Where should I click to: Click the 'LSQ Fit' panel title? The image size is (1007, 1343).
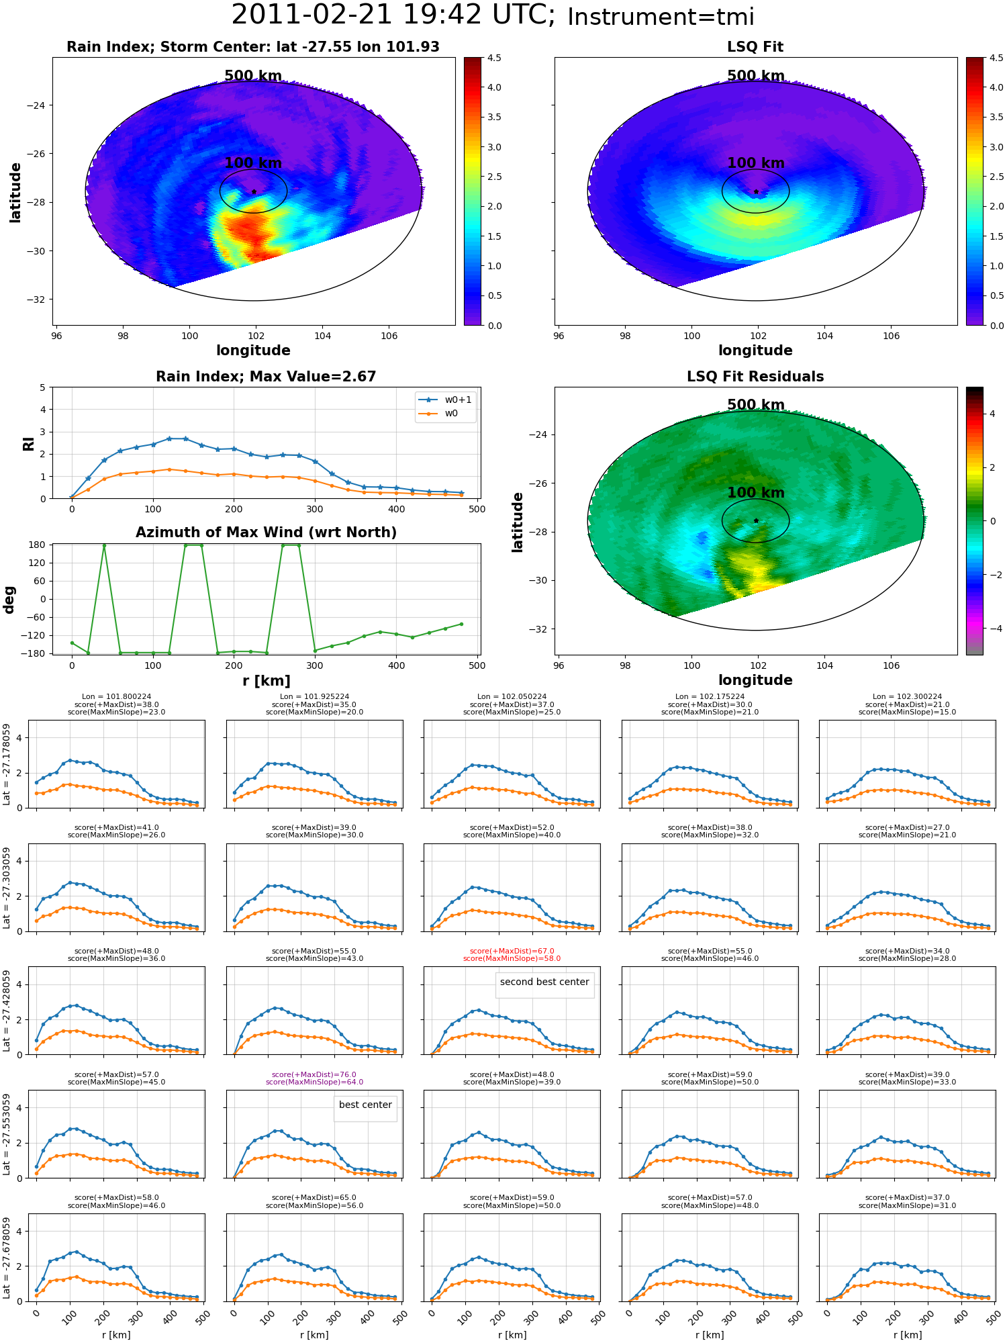coord(755,47)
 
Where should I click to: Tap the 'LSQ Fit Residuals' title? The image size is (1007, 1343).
coord(755,377)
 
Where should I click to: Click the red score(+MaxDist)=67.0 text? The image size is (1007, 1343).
coord(512,951)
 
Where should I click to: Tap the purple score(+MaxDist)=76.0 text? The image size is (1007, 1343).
coord(314,1074)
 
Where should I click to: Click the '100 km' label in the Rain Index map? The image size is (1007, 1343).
coord(253,163)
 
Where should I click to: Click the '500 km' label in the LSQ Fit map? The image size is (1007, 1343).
coord(756,76)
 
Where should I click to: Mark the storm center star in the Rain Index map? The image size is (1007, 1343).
coord(254,191)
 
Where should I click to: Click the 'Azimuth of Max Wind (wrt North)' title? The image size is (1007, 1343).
coord(266,532)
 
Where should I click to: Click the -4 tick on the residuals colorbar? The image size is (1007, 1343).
coord(992,629)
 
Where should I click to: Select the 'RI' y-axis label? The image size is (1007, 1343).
coord(28,443)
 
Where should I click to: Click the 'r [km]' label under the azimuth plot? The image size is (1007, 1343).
coord(267,681)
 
